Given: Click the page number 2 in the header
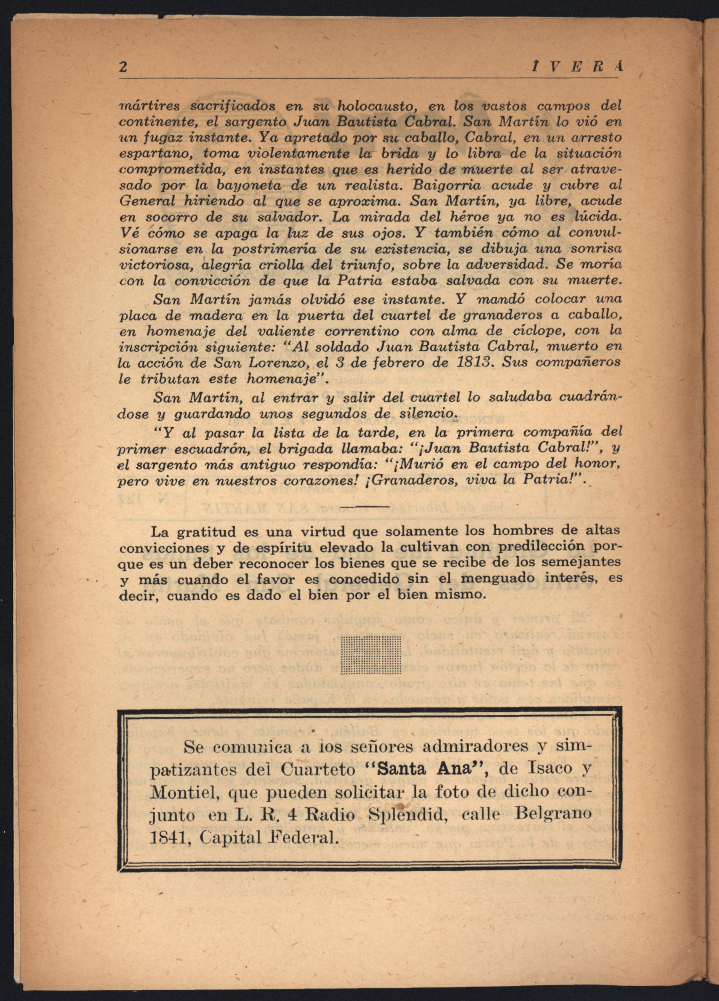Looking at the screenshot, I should pyautogui.click(x=123, y=67).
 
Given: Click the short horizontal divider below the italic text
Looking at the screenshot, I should pyautogui.click(x=365, y=506).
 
